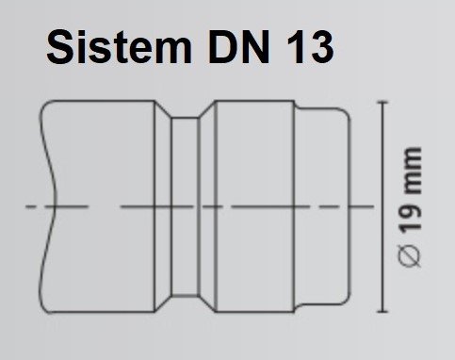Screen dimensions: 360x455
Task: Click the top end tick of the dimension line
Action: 383,100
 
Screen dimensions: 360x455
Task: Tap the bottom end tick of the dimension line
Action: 383,309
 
